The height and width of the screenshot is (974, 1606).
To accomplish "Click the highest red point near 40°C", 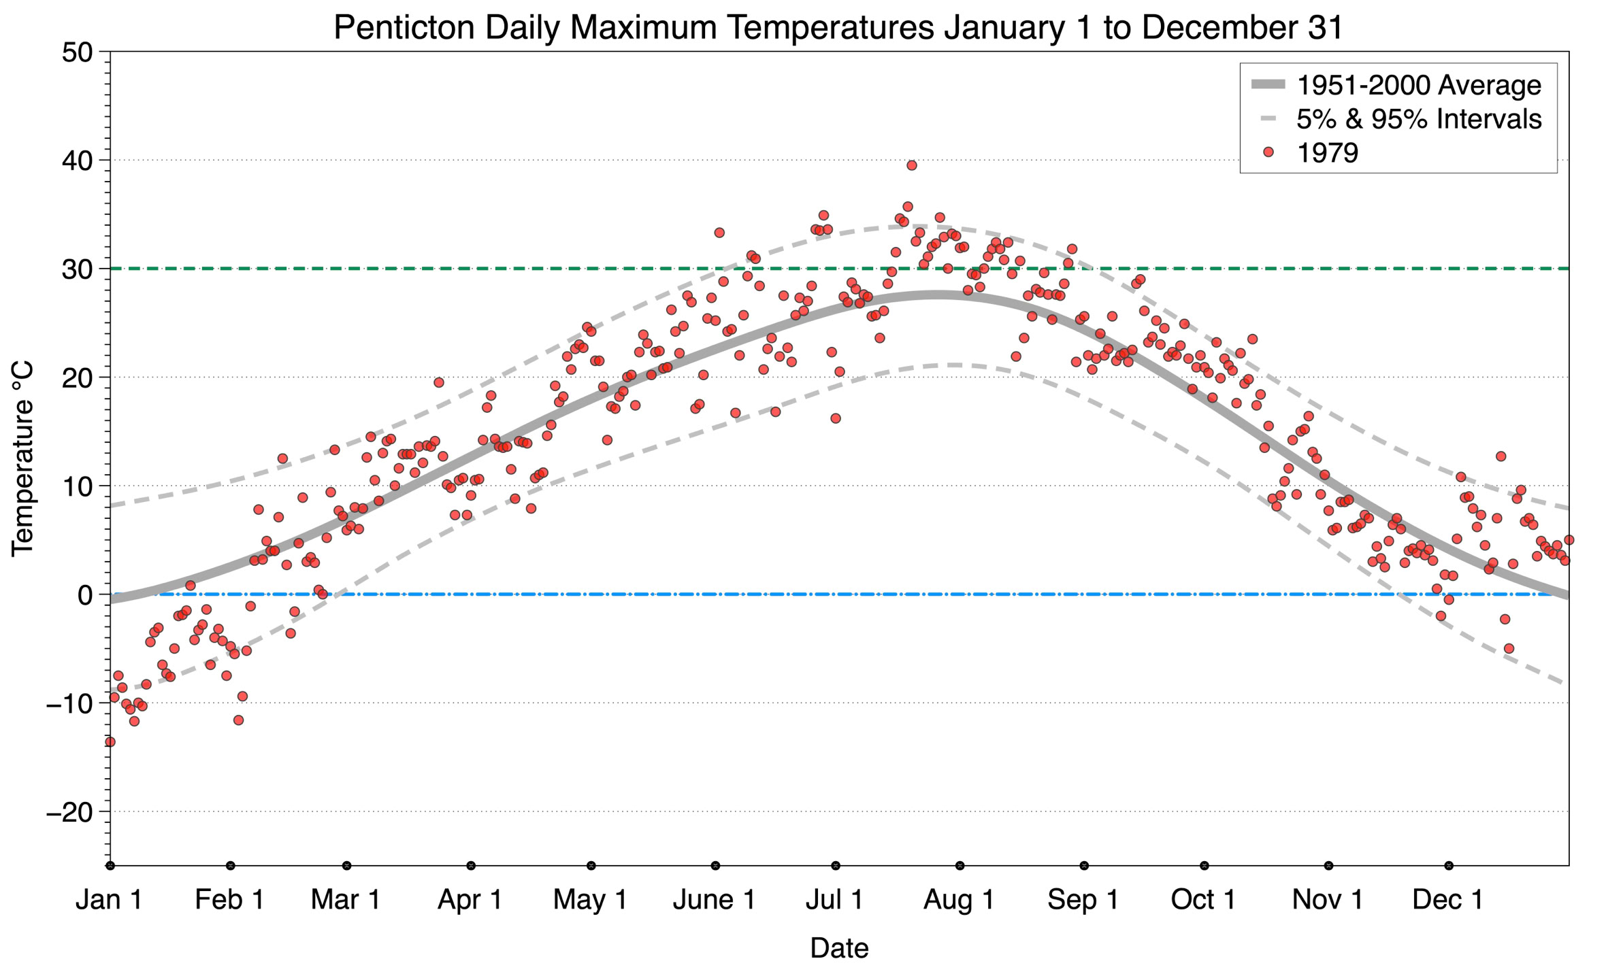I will point(912,165).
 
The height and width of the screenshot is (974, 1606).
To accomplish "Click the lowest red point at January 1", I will point(110,741).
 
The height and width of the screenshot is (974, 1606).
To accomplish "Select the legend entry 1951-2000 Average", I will point(1418,85).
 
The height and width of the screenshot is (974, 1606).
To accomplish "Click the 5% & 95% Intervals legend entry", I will point(1418,119).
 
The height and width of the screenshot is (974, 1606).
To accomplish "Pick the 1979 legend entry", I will point(1327,152).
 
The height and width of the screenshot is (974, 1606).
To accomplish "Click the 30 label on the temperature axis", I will point(77,269).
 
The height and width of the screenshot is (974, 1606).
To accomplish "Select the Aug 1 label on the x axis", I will point(959,900).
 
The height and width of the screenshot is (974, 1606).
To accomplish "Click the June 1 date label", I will point(714,900).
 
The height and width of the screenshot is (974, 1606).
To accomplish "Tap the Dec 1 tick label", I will point(1448,900).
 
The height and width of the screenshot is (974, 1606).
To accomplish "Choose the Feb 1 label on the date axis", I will point(230,900).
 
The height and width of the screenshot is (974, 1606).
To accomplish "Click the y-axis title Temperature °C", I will point(22,459).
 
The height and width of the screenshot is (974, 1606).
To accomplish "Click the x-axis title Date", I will point(839,948).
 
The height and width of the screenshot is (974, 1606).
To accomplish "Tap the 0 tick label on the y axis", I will point(85,595).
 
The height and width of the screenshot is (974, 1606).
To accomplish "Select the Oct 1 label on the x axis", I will point(1203,900).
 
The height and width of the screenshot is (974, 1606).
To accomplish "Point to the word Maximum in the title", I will point(643,29).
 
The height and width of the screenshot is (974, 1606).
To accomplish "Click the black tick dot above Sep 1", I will point(1084,866).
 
